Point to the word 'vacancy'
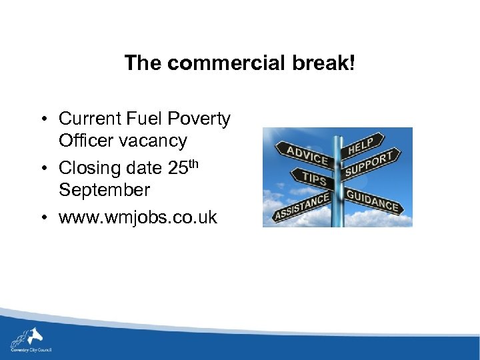point(154,141)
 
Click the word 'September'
point(104,190)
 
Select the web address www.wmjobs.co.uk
point(138,217)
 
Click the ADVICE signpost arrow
point(307,155)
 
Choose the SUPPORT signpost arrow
point(371,164)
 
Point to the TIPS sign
point(313,179)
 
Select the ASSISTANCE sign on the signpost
point(301,207)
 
